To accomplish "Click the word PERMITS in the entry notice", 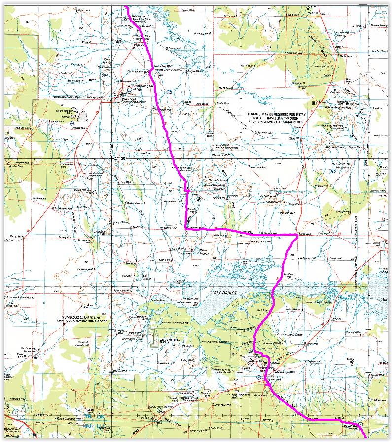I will pos(256,113).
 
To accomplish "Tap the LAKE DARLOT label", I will pos(223,293).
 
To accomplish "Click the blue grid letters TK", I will pos(89,417).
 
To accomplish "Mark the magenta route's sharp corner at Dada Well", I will pos(297,237).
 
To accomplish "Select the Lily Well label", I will pos(167,183).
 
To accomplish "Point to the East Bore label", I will pos(164,259).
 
